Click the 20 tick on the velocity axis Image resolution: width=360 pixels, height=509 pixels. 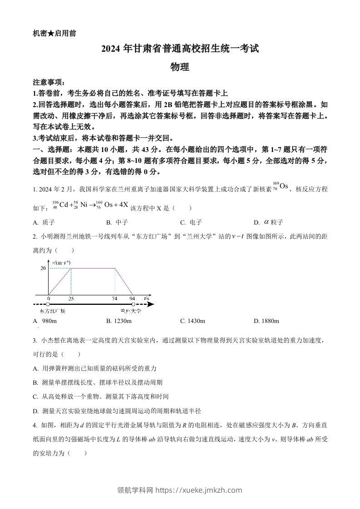pyautogui.click(x=43, y=269)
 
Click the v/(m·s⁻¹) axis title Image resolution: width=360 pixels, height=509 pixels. pyautogui.click(x=61, y=263)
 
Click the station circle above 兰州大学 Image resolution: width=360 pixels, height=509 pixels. pyautogui.click(x=133, y=304)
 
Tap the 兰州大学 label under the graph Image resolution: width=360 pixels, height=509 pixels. pyautogui.click(x=131, y=311)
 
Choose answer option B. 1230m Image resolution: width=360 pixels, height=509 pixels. pyautogui.click(x=119, y=321)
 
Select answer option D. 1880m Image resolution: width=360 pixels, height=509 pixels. pyautogui.click(x=266, y=321)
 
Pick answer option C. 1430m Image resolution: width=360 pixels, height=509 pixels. pyautogui.click(x=192, y=321)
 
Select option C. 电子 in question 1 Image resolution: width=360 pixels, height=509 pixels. pyautogui.click(x=191, y=222)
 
